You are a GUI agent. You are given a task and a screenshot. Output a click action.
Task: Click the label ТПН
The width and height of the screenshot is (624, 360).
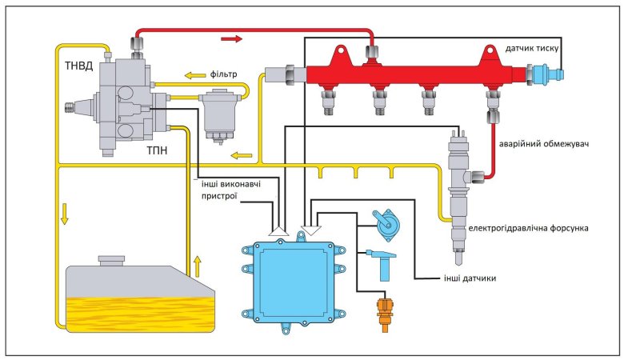tap(158, 150)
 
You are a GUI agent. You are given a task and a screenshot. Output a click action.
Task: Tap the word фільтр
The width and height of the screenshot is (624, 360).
tap(225, 74)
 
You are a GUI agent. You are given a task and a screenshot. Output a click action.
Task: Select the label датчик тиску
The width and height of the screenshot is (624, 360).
tap(534, 48)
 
